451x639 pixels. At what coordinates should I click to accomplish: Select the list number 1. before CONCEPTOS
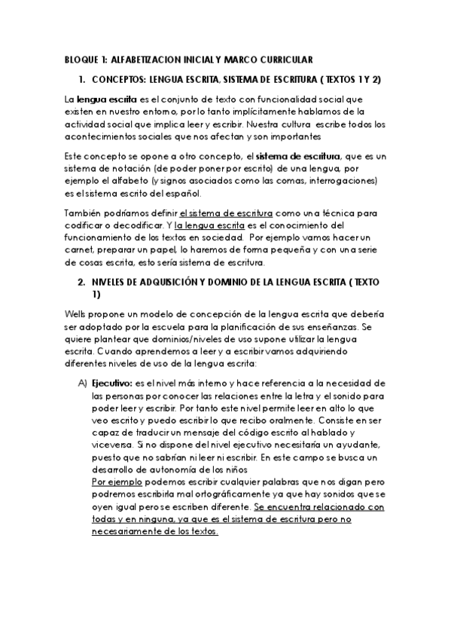pos(81,78)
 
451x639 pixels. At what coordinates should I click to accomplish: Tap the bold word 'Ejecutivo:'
pos(111,383)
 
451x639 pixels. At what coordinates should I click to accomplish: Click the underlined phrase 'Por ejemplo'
pos(114,481)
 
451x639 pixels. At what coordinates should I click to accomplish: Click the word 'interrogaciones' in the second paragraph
pos(340,181)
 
